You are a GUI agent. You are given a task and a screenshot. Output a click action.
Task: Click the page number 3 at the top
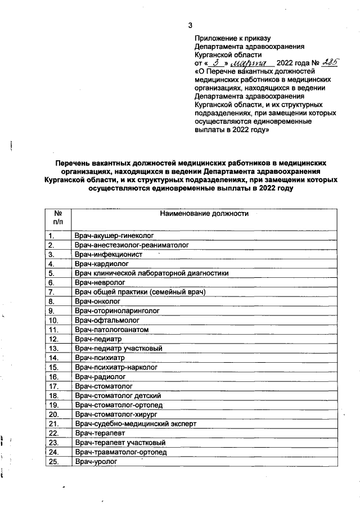(190, 25)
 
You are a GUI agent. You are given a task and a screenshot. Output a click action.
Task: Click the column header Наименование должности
(204, 214)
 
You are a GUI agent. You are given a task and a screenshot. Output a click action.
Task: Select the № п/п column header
(58, 218)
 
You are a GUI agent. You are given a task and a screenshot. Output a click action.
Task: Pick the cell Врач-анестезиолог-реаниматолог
(132, 245)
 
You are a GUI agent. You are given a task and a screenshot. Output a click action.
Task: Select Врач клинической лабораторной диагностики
(152, 273)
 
